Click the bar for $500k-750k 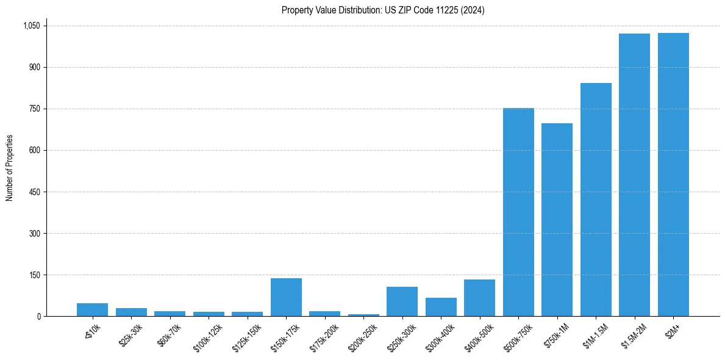(x=518, y=212)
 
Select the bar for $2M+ (x=673, y=175)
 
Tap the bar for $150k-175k (x=286, y=297)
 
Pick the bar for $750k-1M (x=557, y=220)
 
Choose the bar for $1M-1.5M (x=596, y=200)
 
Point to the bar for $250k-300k (x=402, y=301)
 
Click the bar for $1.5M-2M (x=634, y=175)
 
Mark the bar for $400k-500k (x=479, y=298)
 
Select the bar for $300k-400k (x=441, y=307)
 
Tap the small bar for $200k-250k (x=363, y=315)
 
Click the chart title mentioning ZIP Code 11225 (x=383, y=10)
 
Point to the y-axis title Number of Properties (x=10, y=168)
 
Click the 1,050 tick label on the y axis (x=31, y=26)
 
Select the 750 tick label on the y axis (x=34, y=109)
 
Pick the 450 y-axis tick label (x=34, y=192)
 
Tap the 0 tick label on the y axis (x=38, y=316)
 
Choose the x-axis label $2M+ (x=674, y=331)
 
